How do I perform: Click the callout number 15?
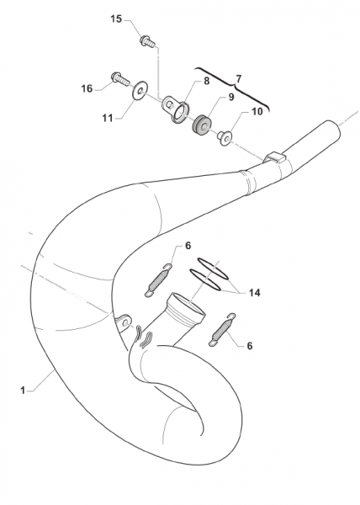(x=116, y=19)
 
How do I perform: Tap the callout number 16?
(x=87, y=88)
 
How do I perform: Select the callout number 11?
(x=108, y=118)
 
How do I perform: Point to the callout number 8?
(x=207, y=81)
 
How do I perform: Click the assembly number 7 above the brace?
(x=238, y=79)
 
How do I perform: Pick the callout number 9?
(x=231, y=97)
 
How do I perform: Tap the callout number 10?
(x=257, y=111)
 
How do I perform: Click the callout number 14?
(x=254, y=293)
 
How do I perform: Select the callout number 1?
(x=23, y=391)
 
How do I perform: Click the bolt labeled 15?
(x=147, y=41)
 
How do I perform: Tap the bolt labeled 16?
(x=120, y=78)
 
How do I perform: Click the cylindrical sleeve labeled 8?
(x=177, y=109)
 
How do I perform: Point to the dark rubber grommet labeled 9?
(x=202, y=125)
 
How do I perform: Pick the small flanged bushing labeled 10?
(x=225, y=138)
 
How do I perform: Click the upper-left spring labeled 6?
(x=158, y=280)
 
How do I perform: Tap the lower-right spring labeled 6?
(x=222, y=330)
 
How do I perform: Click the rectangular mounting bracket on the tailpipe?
(x=275, y=157)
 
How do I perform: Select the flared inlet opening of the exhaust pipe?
(x=186, y=305)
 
